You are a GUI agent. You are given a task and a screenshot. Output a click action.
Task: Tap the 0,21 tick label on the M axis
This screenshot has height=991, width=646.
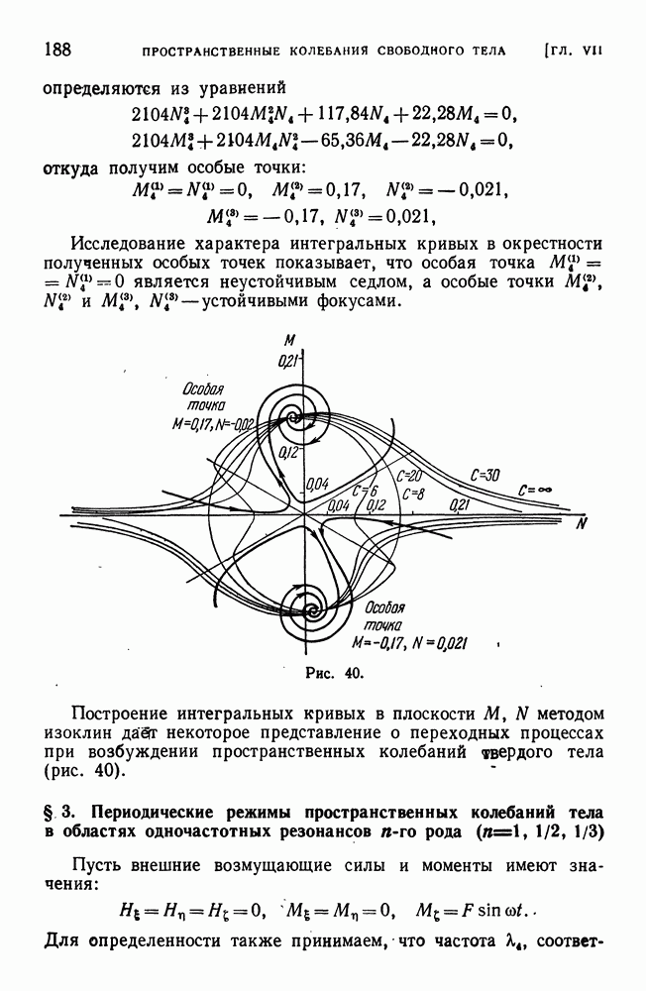click(x=288, y=360)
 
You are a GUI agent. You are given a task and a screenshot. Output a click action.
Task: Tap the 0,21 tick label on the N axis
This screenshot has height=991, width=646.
click(x=458, y=506)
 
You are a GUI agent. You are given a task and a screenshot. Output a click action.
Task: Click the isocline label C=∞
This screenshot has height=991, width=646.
click(x=536, y=489)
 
